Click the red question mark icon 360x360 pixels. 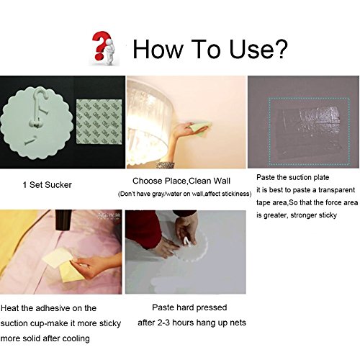[x=100, y=45]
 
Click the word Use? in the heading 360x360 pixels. [x=258, y=49]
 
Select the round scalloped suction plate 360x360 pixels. [x=37, y=122]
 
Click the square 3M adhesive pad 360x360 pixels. [x=99, y=122]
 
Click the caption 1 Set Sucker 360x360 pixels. [x=47, y=185]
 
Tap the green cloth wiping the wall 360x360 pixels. [x=200, y=127]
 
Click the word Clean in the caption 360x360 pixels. [x=199, y=181]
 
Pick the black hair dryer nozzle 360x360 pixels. [x=63, y=219]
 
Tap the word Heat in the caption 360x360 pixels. [x=10, y=308]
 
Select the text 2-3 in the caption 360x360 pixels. [x=163, y=323]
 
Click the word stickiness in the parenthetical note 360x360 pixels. [x=236, y=194]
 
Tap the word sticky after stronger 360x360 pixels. [x=325, y=215]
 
